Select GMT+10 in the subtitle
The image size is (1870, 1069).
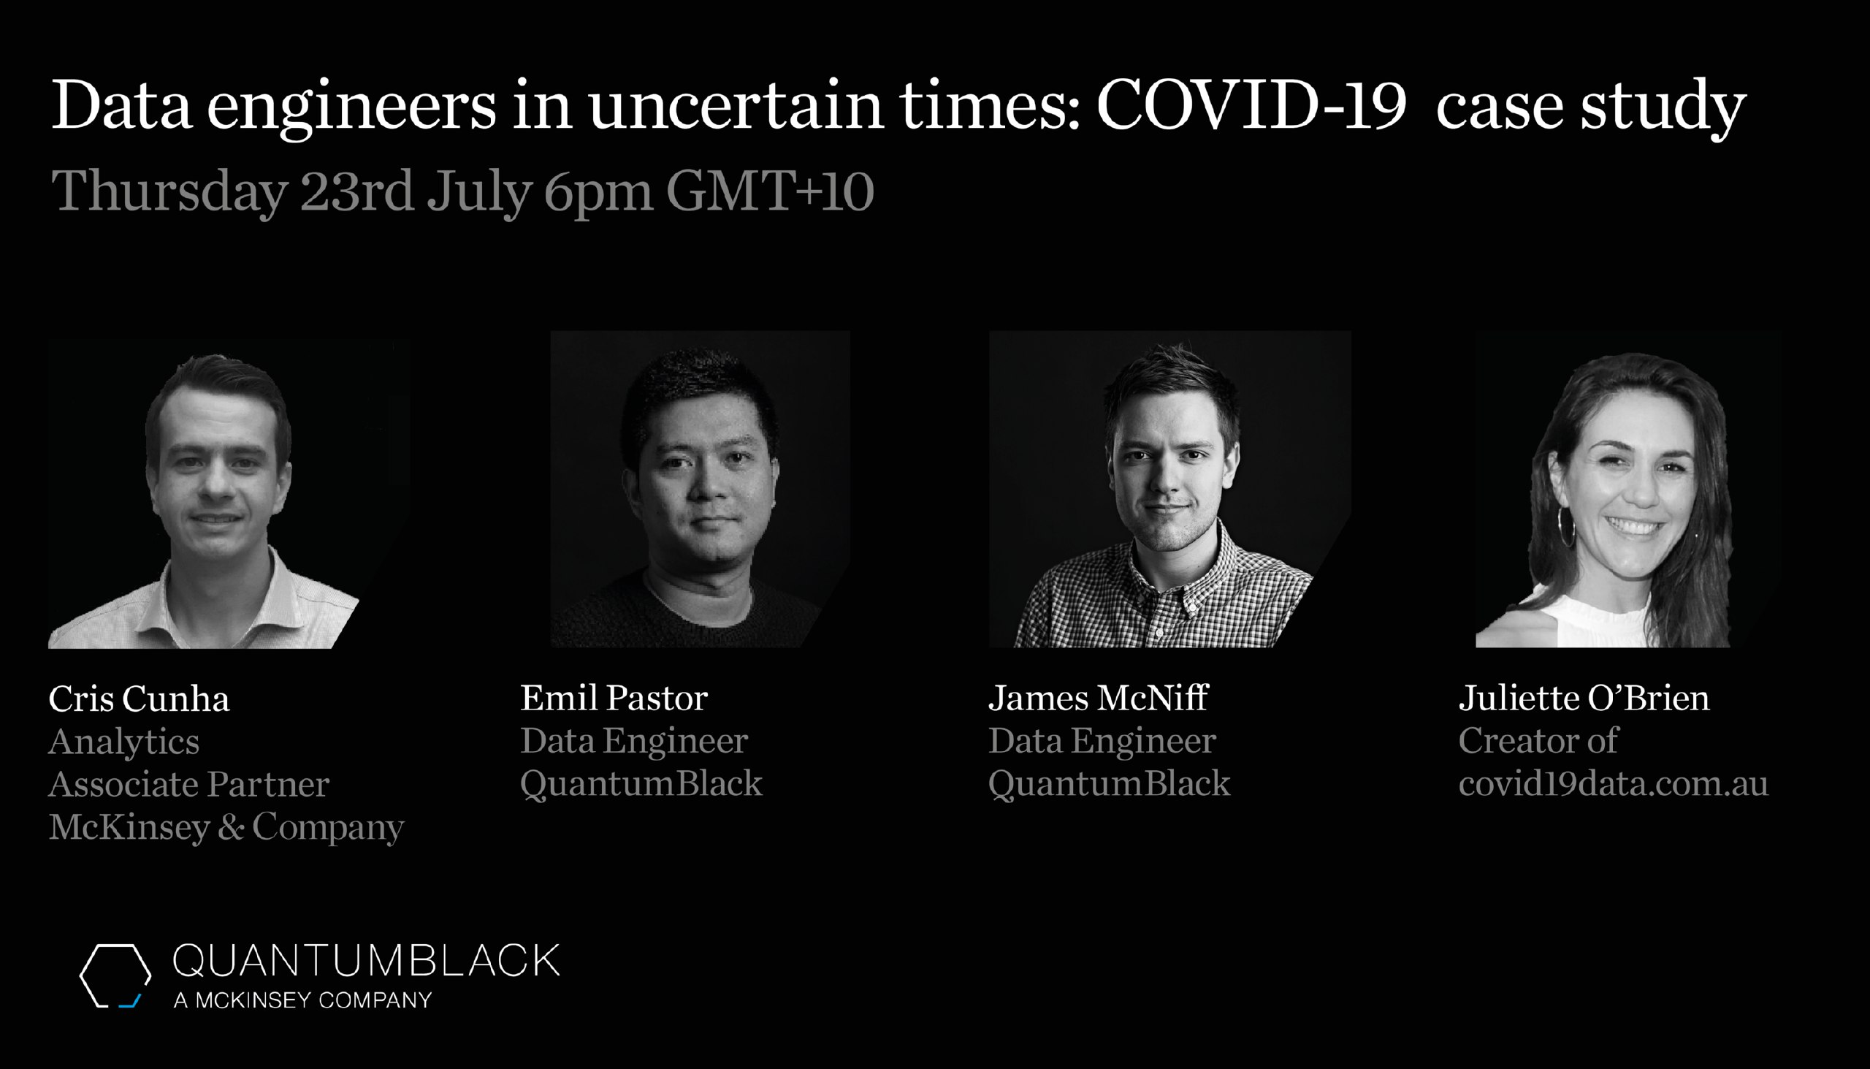click(x=770, y=191)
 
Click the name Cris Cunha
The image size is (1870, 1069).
click(x=139, y=699)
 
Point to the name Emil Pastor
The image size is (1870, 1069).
click(x=614, y=698)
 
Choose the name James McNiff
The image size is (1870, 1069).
click(x=1098, y=698)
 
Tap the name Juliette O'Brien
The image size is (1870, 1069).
click(x=1584, y=698)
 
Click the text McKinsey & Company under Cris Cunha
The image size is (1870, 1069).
click(x=226, y=827)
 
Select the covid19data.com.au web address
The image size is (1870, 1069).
click(x=1613, y=783)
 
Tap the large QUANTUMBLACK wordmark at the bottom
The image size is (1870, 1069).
click(x=365, y=961)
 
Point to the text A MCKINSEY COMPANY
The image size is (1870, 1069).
click(x=302, y=1000)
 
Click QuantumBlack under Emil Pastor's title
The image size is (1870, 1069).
click(x=641, y=784)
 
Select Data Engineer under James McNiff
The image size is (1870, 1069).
click(x=1102, y=741)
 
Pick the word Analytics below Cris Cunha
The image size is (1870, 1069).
click(x=124, y=742)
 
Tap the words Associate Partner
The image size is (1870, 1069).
click(x=188, y=784)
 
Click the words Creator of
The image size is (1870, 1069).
click(x=1538, y=741)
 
